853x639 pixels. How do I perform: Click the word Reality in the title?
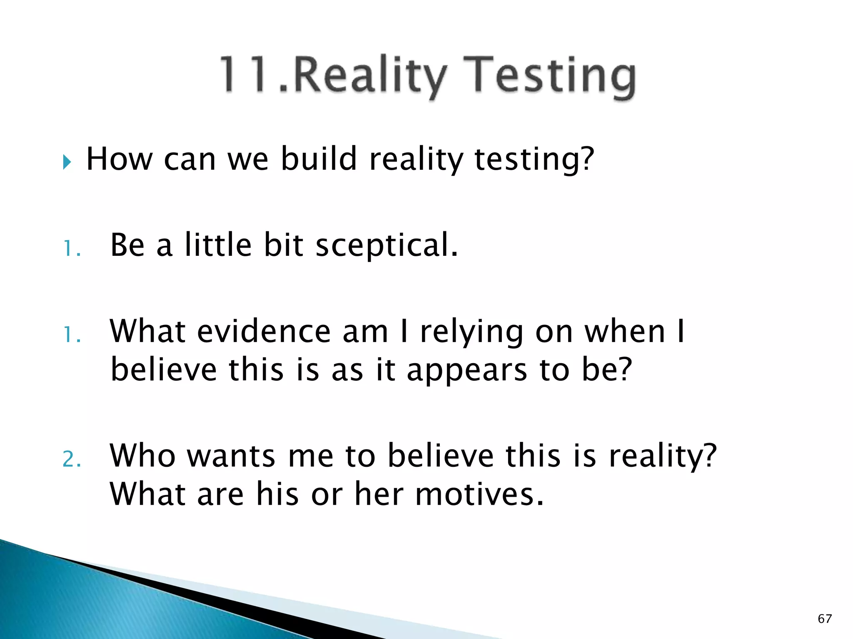[369, 75]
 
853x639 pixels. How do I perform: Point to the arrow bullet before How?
[67, 161]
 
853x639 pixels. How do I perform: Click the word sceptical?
[387, 245]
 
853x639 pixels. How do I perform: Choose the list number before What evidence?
[72, 334]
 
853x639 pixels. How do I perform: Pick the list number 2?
[72, 460]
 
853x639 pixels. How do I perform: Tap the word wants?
[231, 456]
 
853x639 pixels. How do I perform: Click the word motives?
[479, 494]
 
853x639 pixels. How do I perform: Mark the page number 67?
[825, 619]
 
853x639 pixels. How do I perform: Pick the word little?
[218, 245]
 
